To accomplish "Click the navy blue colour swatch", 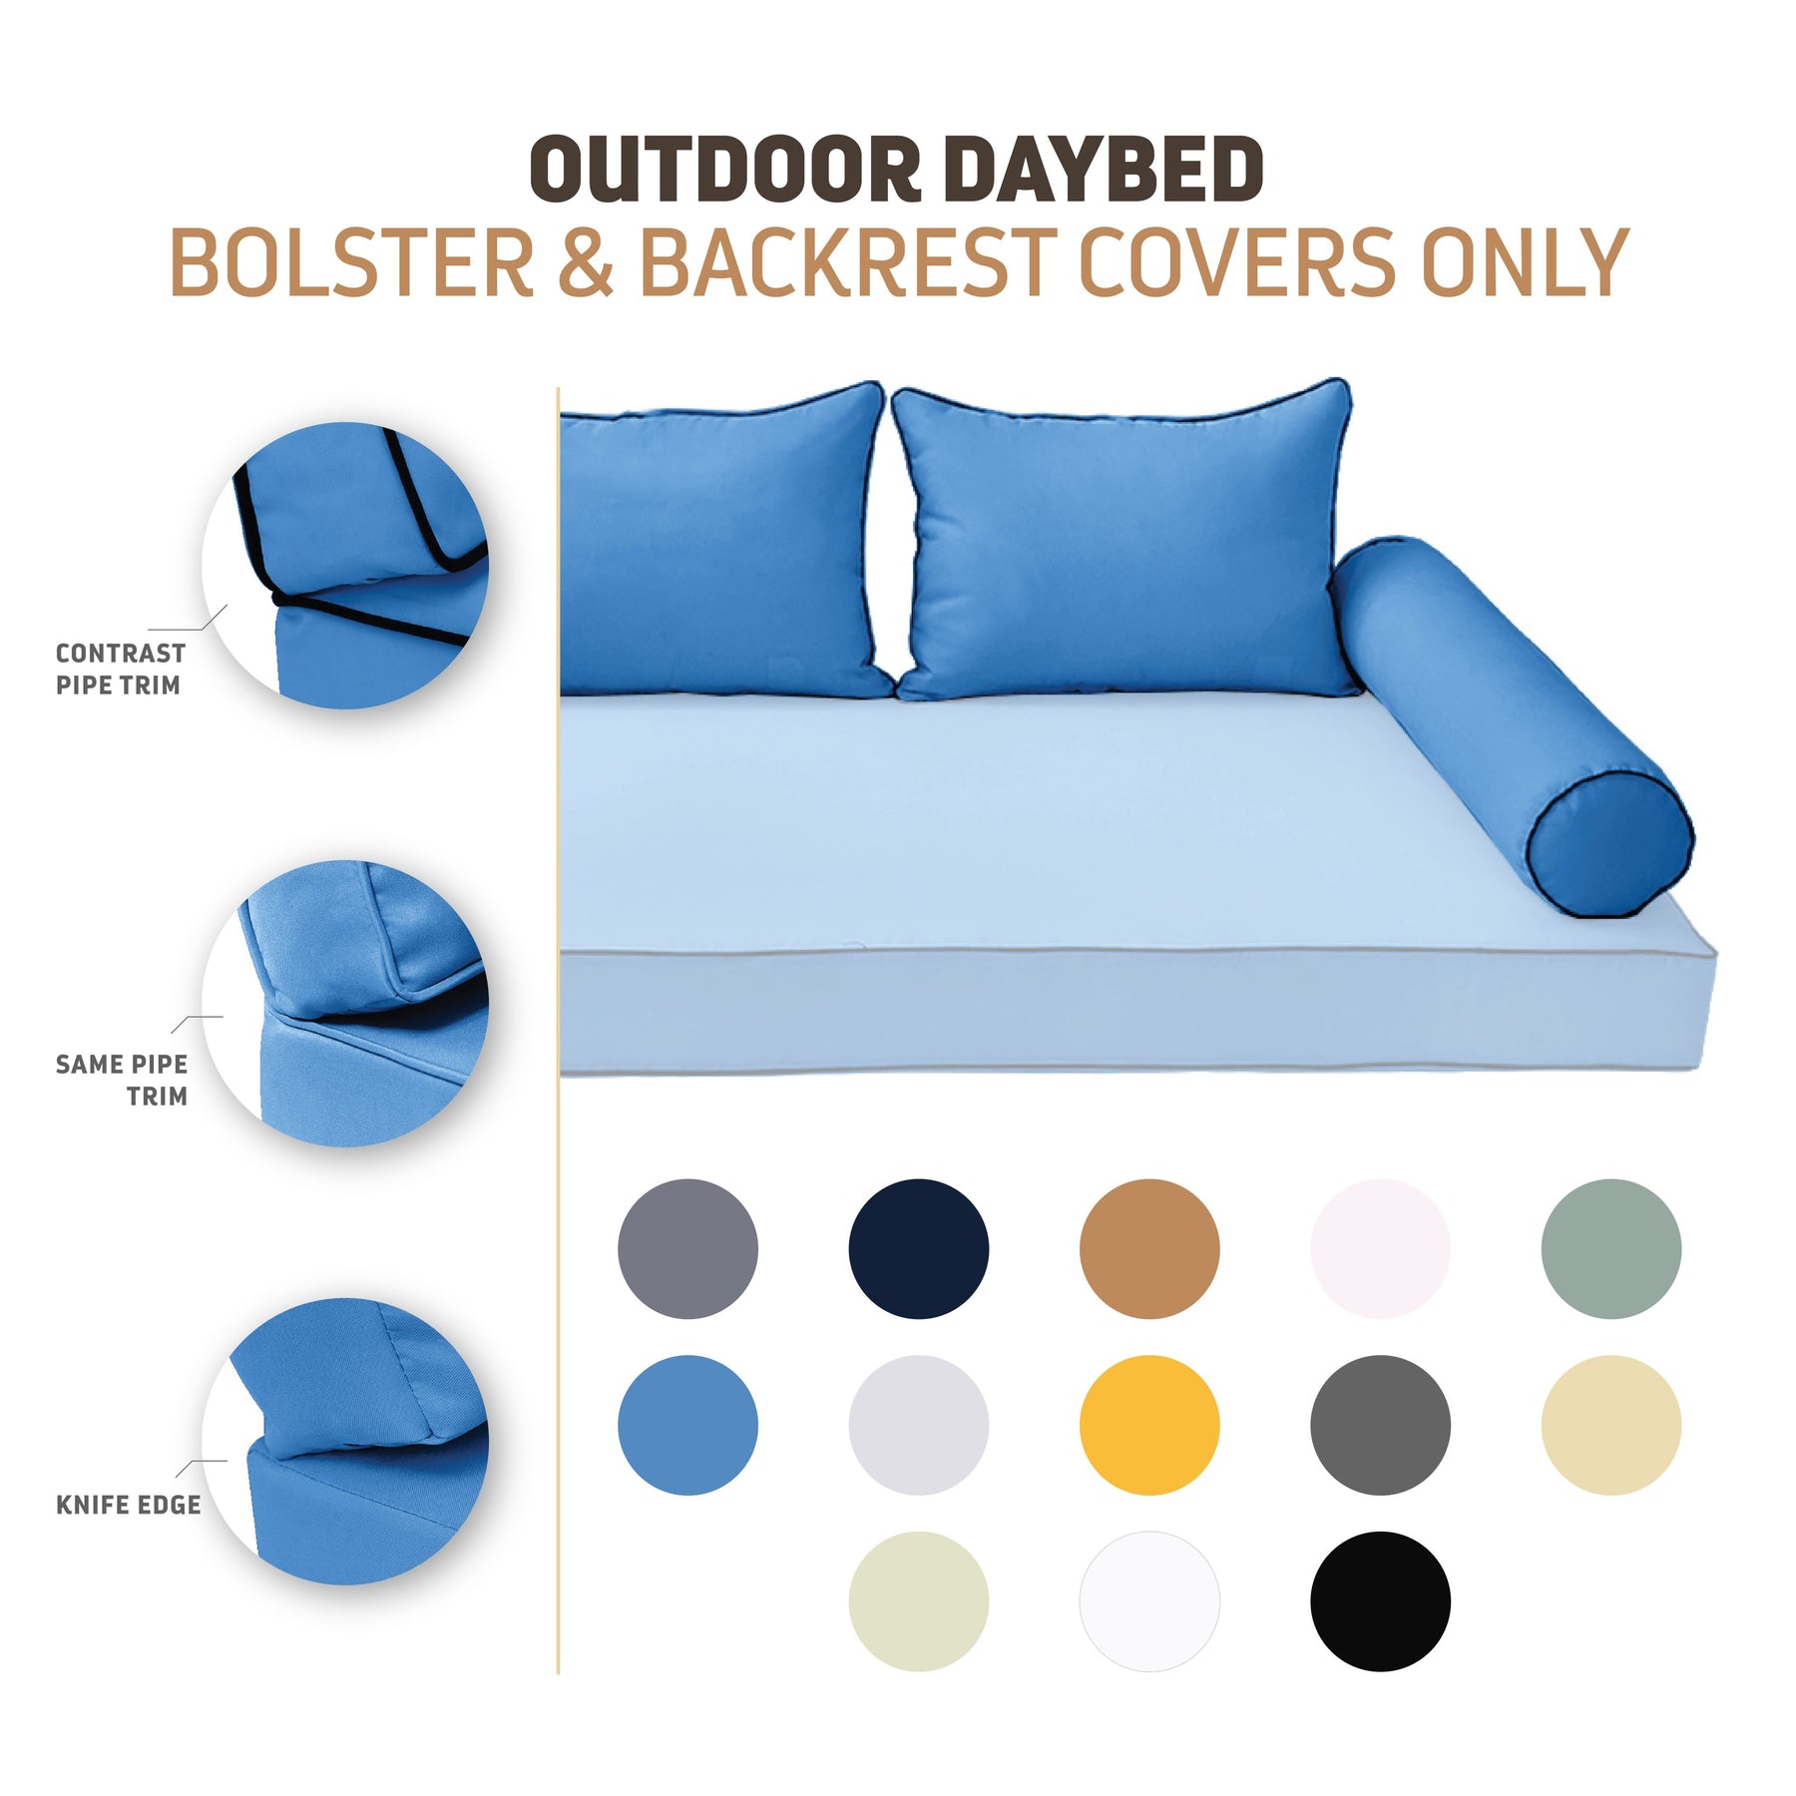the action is click(918, 1248).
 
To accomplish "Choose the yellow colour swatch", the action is click(1149, 1425).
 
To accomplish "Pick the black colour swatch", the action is click(1380, 1601).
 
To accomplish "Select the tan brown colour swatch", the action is click(1149, 1248).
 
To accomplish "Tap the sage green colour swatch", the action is click(1610, 1248).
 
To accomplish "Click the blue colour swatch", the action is click(687, 1425).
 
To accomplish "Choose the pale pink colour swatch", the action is click(1380, 1248).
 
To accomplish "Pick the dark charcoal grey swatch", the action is click(1380, 1425).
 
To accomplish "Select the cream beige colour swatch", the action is click(1610, 1425).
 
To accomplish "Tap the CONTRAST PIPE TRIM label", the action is click(121, 670).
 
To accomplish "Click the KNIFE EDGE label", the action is click(129, 1505).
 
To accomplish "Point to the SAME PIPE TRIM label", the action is click(122, 1081).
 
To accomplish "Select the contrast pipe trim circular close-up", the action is click(345, 566).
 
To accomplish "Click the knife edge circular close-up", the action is click(345, 1441).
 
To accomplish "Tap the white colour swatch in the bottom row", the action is click(1149, 1601).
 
